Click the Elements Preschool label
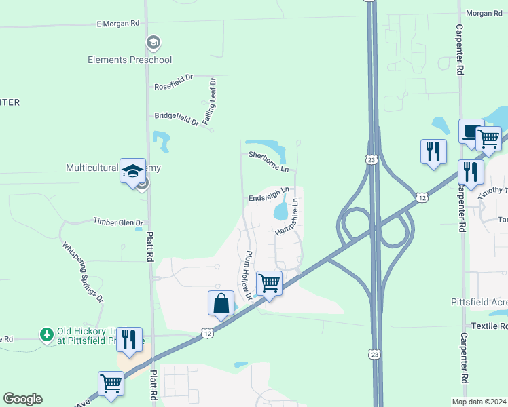click(x=130, y=60)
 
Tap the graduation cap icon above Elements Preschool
click(x=153, y=43)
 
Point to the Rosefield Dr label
click(x=174, y=86)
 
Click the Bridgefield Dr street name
click(x=176, y=119)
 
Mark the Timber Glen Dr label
click(x=118, y=222)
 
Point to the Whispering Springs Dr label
click(x=82, y=272)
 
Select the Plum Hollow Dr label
click(x=245, y=275)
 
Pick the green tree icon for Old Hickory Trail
click(x=46, y=334)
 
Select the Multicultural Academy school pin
click(x=133, y=171)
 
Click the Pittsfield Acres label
click(x=479, y=301)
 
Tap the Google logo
click(x=22, y=399)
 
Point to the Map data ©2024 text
click(x=479, y=402)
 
